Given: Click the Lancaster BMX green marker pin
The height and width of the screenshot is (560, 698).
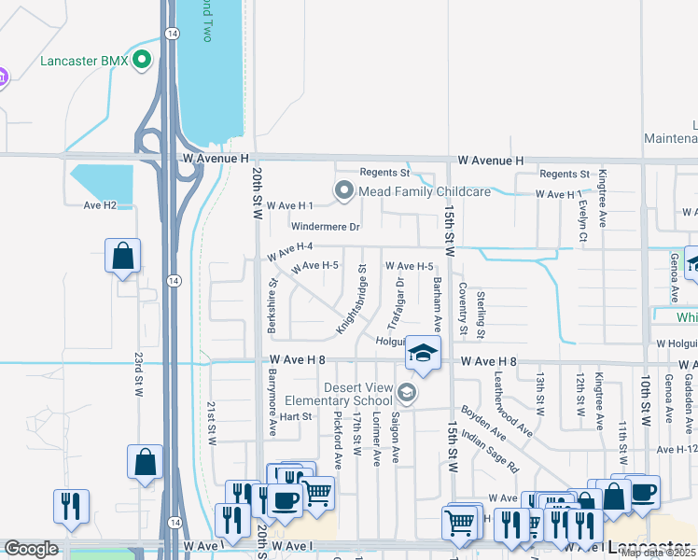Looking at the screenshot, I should pyautogui.click(x=142, y=62).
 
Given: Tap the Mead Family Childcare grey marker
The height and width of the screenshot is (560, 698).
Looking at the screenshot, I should pyautogui.click(x=344, y=191).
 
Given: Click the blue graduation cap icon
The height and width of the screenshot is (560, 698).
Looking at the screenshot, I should pyautogui.click(x=422, y=355).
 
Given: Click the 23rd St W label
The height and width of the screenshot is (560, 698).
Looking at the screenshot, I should pyautogui.click(x=137, y=373).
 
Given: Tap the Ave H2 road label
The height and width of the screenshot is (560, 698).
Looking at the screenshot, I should pyautogui.click(x=100, y=205).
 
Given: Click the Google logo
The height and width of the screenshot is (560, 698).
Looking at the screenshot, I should pyautogui.click(x=31, y=549).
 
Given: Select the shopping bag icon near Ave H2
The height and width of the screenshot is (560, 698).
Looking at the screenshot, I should pyautogui.click(x=123, y=256).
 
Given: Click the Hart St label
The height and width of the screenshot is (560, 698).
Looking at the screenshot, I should pyautogui.click(x=295, y=415).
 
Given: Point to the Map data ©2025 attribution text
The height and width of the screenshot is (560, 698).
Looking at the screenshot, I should pyautogui.click(x=658, y=553).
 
